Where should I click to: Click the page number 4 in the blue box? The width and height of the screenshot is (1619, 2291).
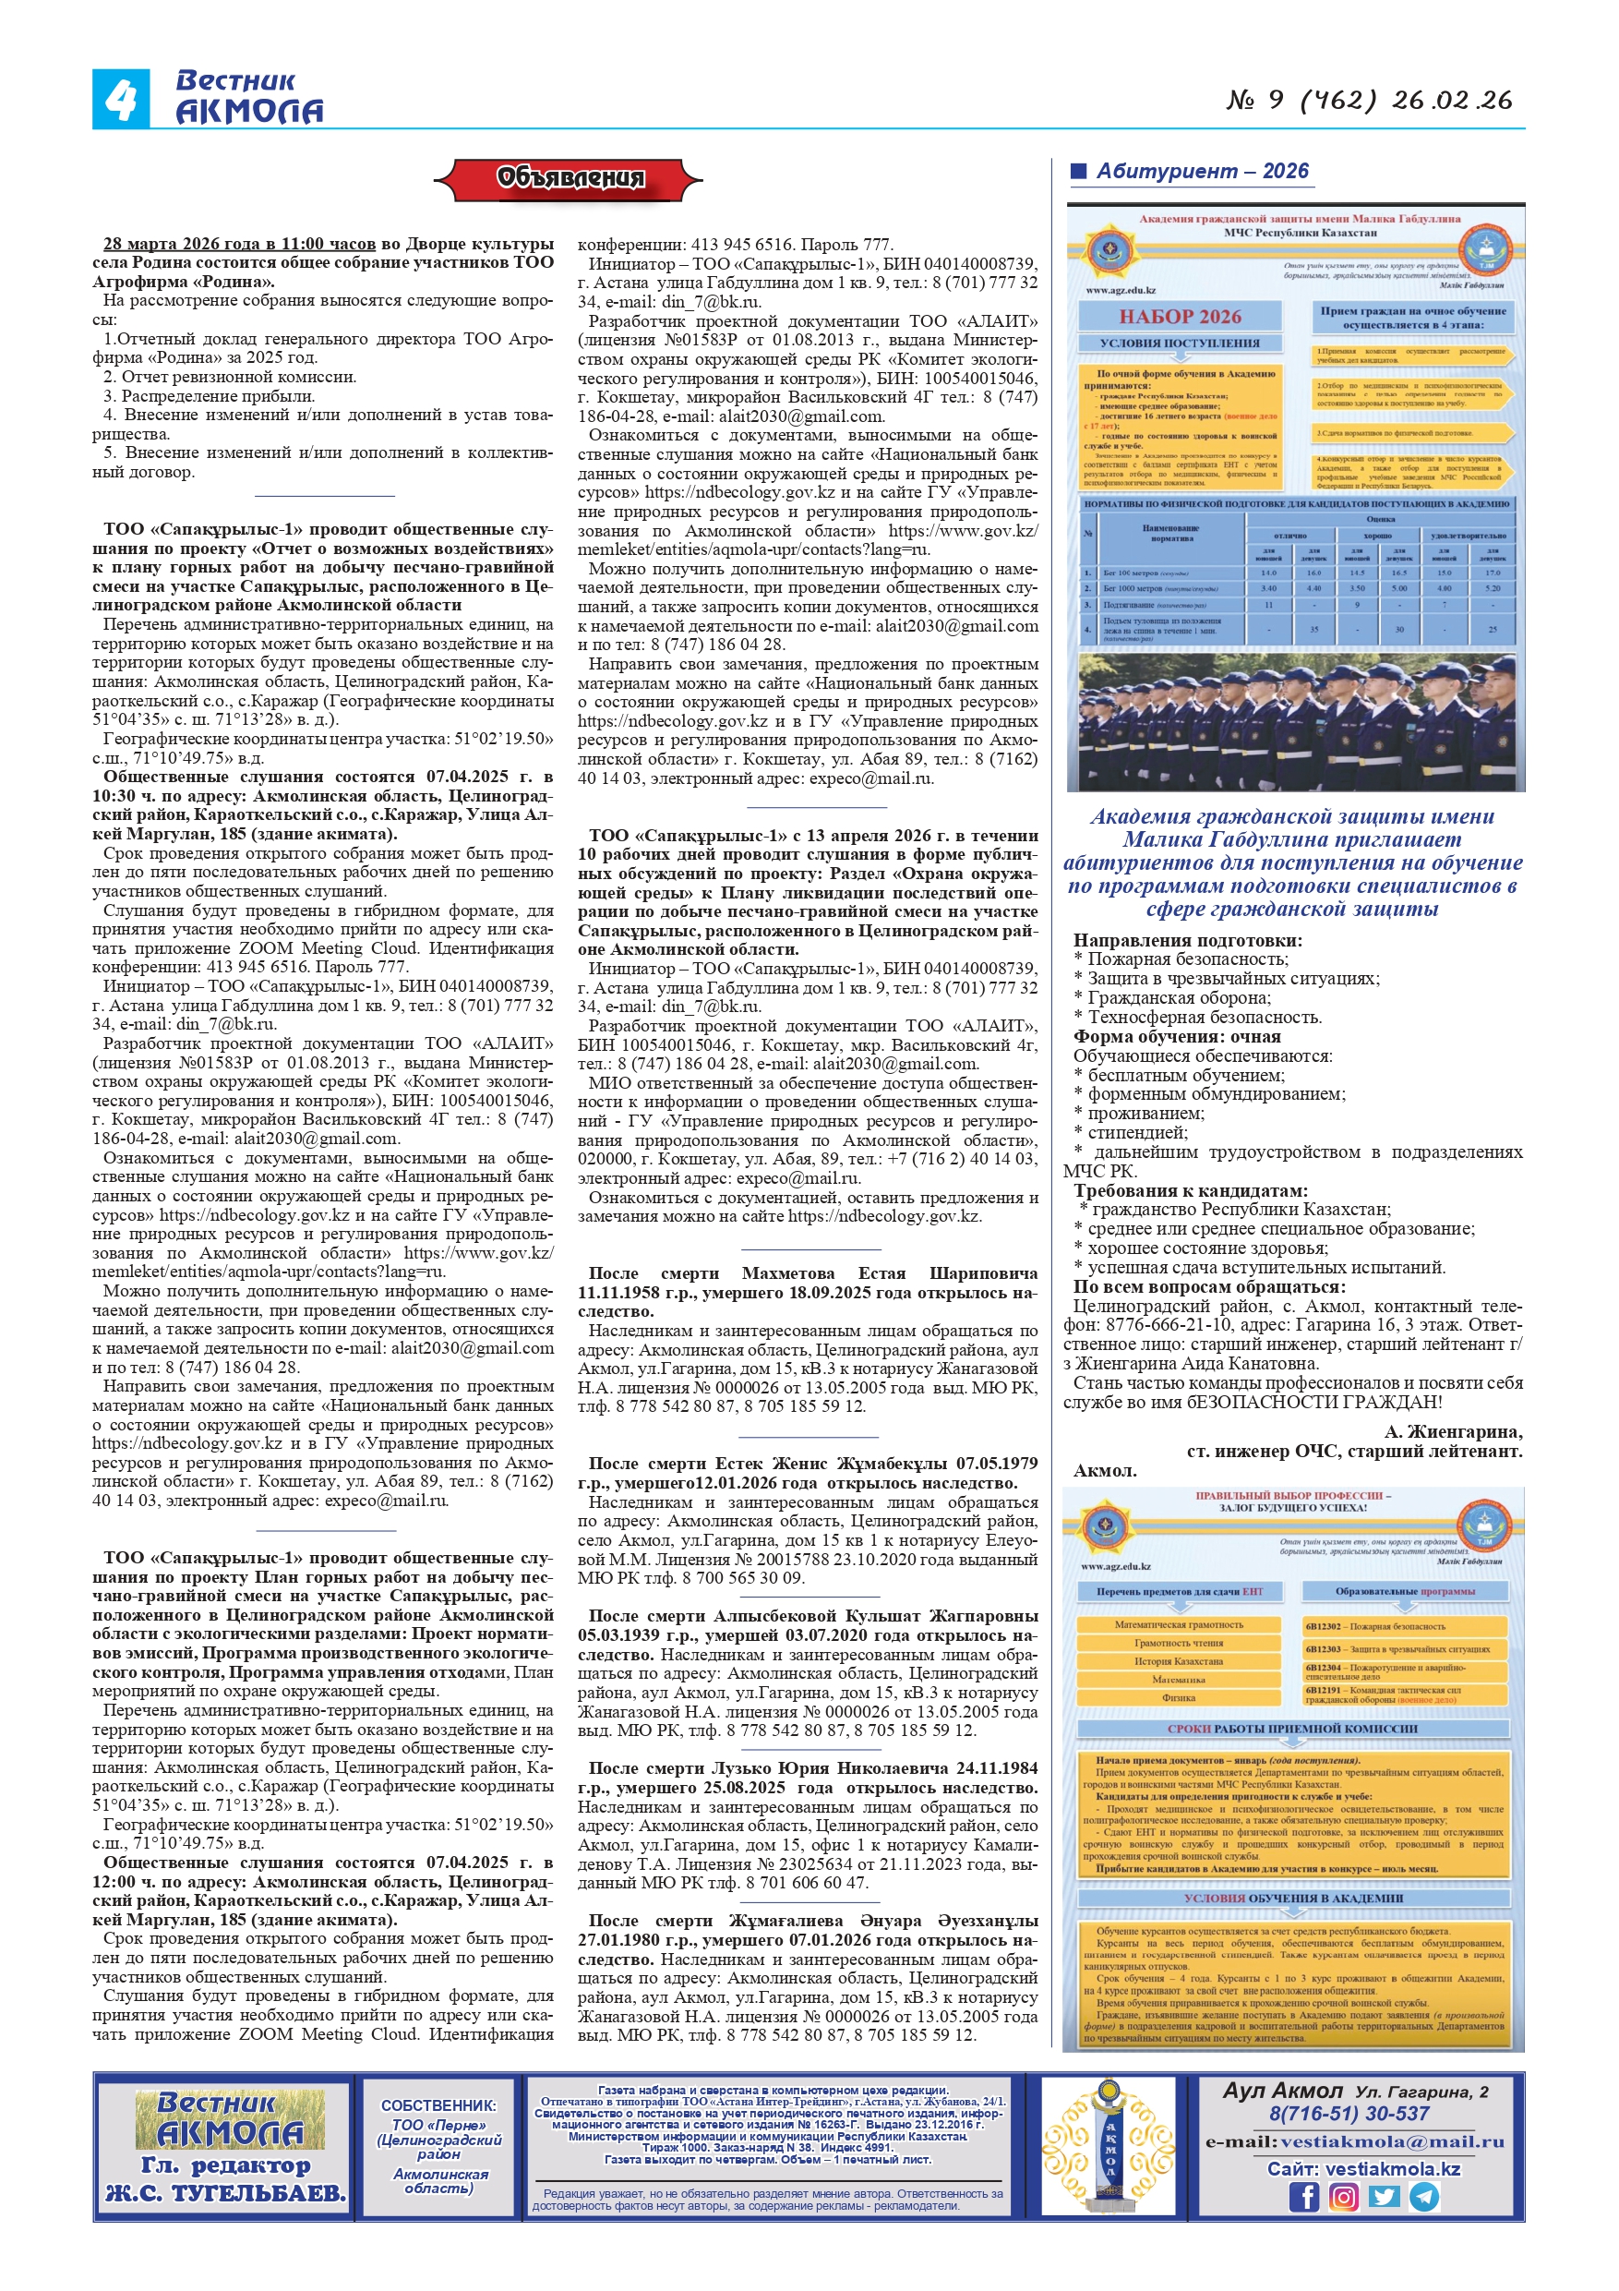[x=121, y=100]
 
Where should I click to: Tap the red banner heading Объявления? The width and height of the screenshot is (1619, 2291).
[x=570, y=178]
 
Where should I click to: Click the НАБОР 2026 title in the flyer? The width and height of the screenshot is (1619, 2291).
[x=1179, y=317]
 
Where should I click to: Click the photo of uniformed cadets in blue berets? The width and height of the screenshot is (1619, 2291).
[x=1295, y=721]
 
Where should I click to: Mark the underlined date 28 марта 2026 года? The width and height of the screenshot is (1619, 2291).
[x=239, y=244]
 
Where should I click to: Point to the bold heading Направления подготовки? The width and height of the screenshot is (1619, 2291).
[x=1187, y=940]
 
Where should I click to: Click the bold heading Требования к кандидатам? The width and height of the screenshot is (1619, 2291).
[x=1190, y=1190]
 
